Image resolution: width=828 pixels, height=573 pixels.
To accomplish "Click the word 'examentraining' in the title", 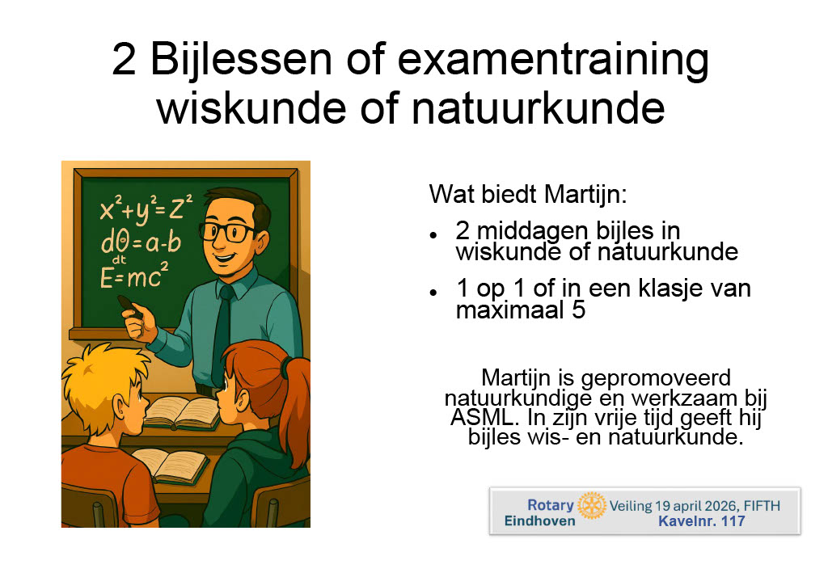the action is [x=553, y=60].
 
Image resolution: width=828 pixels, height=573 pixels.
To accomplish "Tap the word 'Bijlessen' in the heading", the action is [x=241, y=60].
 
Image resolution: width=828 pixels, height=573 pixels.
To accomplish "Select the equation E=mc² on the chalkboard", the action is [x=134, y=275].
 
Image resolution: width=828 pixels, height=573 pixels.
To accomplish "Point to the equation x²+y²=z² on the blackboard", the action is [x=146, y=209].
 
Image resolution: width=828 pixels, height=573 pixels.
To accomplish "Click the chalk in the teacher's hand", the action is [x=129, y=305].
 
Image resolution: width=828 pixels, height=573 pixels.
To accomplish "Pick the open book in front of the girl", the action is [x=181, y=413].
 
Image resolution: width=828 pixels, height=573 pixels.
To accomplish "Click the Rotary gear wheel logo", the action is [x=591, y=506].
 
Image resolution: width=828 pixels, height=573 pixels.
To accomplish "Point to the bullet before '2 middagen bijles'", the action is [x=433, y=234].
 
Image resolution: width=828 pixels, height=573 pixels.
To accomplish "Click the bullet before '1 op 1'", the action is [x=433, y=292].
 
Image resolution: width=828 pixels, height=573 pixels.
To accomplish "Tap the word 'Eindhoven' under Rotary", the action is [x=539, y=521].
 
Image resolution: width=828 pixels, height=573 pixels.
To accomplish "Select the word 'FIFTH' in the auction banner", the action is [x=762, y=506].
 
